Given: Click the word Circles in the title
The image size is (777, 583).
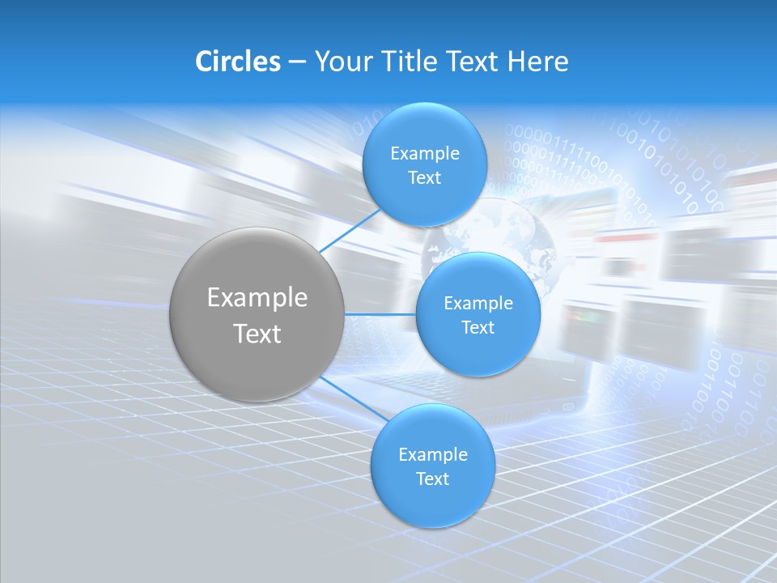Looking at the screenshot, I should coord(237,62).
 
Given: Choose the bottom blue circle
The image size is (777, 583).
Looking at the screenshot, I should coord(433,502).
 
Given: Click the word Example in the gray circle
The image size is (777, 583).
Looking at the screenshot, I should coord(257,298).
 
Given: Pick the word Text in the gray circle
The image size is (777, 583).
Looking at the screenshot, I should coord(257,334).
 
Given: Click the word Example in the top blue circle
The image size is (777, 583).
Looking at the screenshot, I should coord(425,154).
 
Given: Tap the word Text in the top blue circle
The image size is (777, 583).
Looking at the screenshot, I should coord(425,178).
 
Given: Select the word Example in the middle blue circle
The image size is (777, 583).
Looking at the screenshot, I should coord(478,304).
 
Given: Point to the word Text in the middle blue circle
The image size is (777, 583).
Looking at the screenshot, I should coord(478,328).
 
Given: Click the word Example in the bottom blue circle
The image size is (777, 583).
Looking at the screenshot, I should coord(433,455).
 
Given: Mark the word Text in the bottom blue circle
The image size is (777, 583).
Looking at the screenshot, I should coord(433,479).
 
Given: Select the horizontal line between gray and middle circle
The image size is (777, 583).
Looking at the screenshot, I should coord(380,314).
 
